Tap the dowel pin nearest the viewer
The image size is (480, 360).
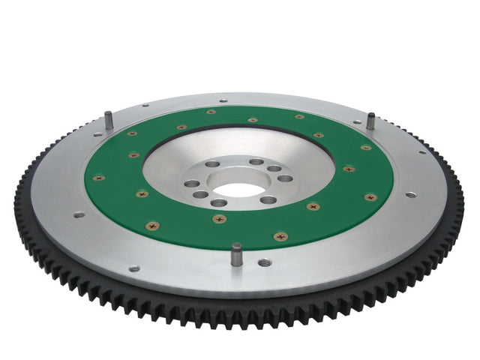(x=236, y=253)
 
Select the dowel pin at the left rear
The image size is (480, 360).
(x=108, y=119)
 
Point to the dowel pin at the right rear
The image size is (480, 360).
(x=370, y=121)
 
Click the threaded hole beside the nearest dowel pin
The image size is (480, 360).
(x=264, y=262)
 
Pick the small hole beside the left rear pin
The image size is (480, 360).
(x=97, y=135)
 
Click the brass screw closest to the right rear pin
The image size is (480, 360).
(x=365, y=148)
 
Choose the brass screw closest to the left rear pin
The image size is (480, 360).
(x=132, y=133)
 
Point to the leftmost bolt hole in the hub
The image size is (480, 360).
(x=193, y=183)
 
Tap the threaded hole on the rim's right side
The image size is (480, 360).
(x=410, y=195)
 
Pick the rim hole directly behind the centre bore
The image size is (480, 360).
(x=223, y=100)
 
